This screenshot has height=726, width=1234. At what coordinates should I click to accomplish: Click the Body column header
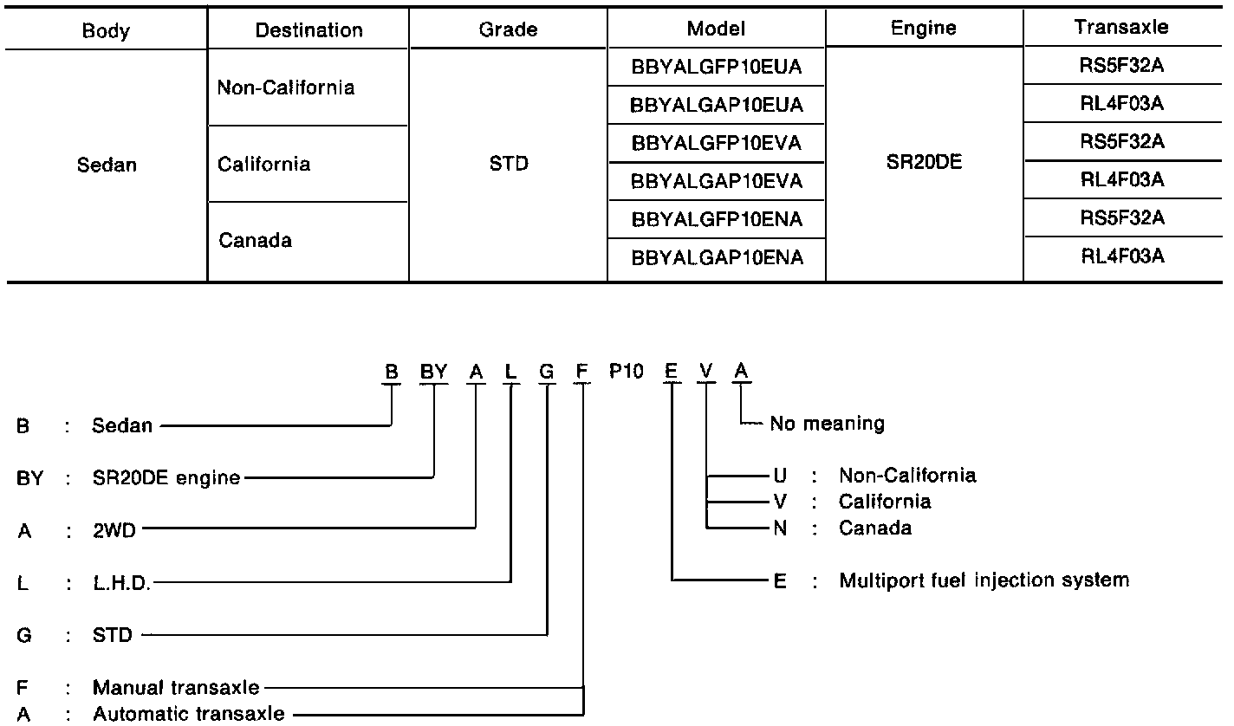click(x=106, y=31)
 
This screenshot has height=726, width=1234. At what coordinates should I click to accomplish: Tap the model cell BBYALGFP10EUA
click(x=717, y=67)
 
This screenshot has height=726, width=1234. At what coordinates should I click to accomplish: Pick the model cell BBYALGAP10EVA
click(x=717, y=181)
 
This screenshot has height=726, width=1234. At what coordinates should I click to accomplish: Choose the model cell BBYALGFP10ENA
click(x=717, y=219)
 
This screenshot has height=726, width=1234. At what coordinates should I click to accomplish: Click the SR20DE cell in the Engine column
click(x=924, y=162)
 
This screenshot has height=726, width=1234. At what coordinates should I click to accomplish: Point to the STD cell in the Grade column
click(x=508, y=164)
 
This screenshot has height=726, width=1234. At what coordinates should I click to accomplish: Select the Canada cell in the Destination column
click(x=255, y=240)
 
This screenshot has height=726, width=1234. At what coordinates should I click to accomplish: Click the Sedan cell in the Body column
click(x=107, y=165)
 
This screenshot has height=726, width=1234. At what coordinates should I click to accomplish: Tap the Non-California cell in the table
click(x=286, y=88)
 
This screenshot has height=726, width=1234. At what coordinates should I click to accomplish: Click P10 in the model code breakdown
click(x=626, y=371)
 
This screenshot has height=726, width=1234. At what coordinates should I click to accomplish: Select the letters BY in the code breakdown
click(x=433, y=371)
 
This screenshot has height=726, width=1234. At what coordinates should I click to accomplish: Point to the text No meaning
click(x=827, y=424)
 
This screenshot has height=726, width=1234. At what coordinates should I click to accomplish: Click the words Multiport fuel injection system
click(x=984, y=580)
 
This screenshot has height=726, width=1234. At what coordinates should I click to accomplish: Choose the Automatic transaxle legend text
click(x=188, y=714)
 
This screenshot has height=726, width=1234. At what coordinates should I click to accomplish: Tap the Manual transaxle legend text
click(x=176, y=687)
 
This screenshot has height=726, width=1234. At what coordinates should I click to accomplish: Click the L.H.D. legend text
click(x=121, y=583)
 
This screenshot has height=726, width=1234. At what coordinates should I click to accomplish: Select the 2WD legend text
click(x=114, y=531)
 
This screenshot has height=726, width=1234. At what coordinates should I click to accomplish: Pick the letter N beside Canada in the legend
click(x=780, y=528)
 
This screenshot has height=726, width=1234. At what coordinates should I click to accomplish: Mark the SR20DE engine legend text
click(x=166, y=477)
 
